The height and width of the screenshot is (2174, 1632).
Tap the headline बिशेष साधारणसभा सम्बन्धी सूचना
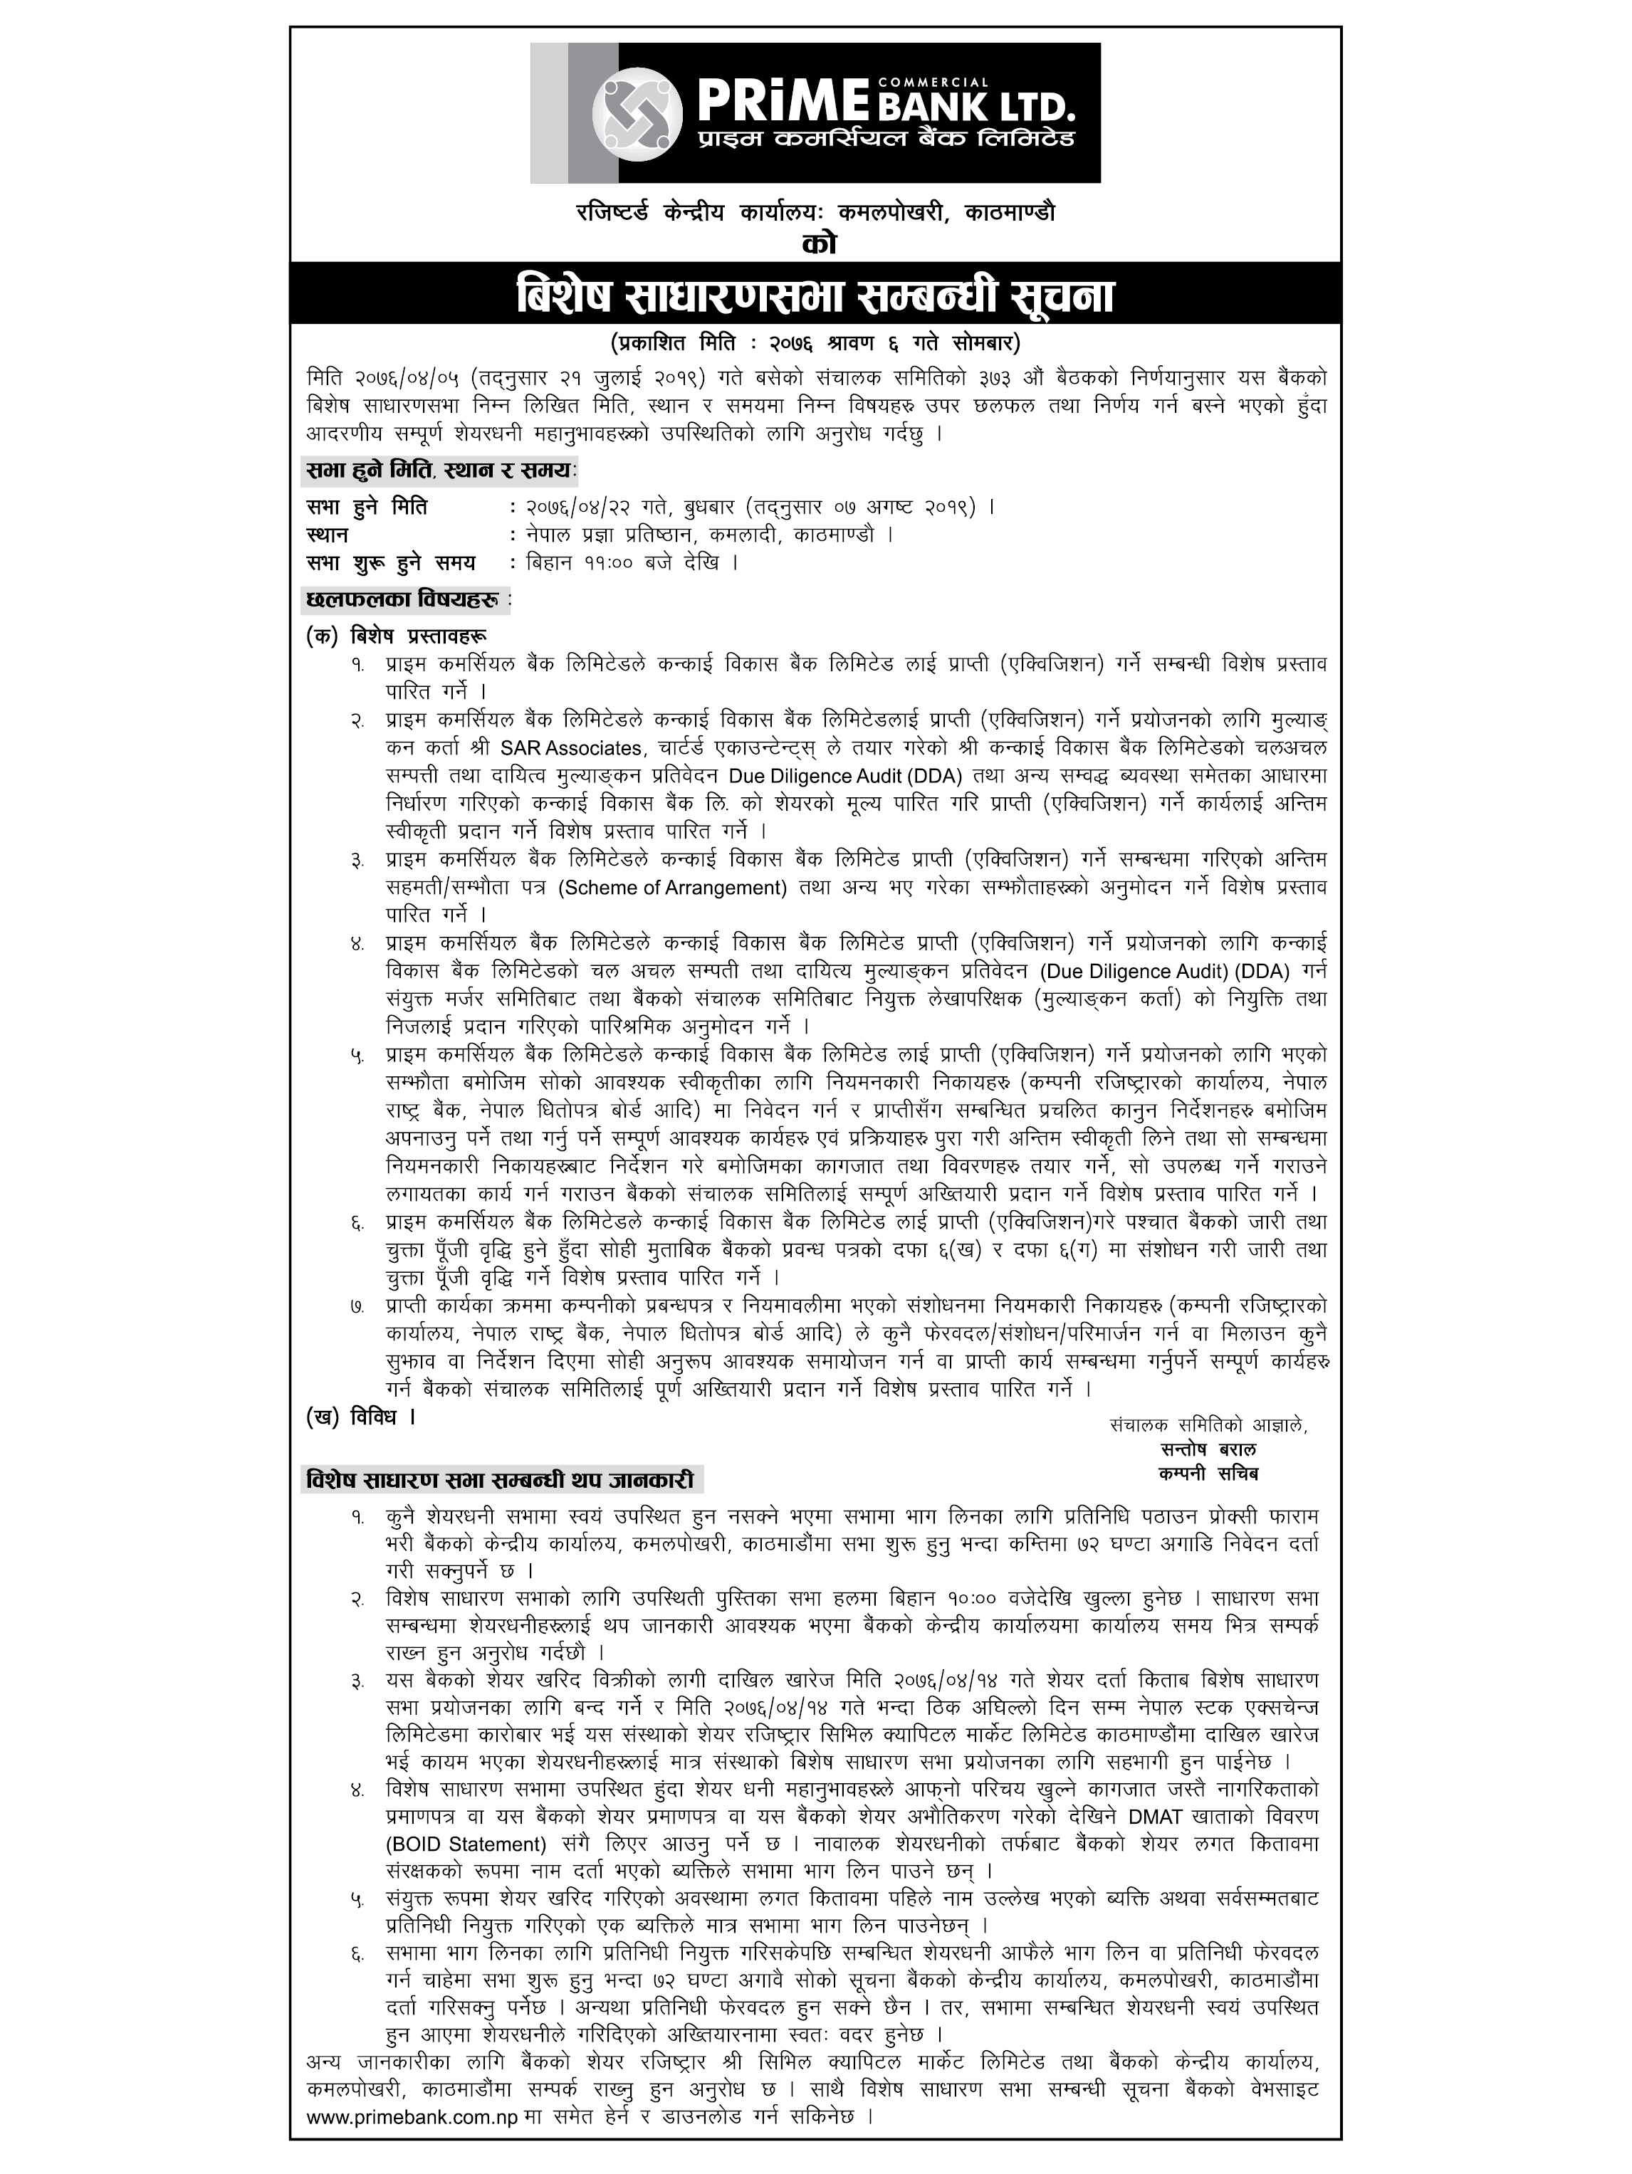pos(815,297)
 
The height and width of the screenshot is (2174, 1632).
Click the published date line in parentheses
pos(815,344)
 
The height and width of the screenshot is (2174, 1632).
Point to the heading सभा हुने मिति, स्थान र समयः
pos(439,472)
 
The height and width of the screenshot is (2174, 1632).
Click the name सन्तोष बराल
pos(1208,1449)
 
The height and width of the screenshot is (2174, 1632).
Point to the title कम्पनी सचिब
pos(1208,1474)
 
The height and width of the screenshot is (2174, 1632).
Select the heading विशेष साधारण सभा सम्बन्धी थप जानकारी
pos(501,1479)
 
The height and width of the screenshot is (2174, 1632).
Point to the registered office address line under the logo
pos(815,212)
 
